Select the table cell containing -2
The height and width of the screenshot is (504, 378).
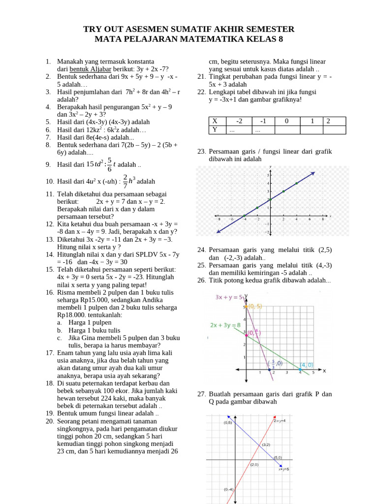[x=239, y=121]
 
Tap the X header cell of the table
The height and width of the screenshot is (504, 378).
[x=214, y=121]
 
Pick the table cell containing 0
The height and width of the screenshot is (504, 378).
[x=287, y=121]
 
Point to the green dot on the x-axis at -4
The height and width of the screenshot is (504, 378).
[x=244, y=216]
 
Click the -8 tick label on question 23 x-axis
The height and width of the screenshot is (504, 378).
[x=219, y=220]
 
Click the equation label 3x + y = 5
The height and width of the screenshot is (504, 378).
[x=229, y=297]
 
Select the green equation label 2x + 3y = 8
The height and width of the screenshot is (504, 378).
[x=225, y=325]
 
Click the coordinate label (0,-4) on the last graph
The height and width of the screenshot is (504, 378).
[x=229, y=489]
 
